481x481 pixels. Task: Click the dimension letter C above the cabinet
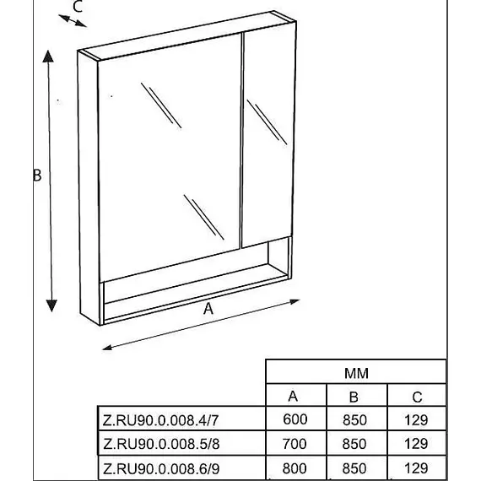click(x=78, y=7)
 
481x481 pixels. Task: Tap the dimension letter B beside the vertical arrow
click(x=37, y=176)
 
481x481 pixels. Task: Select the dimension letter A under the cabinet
click(x=208, y=309)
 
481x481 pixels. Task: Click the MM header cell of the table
click(x=356, y=373)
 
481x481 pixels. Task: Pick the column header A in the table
click(x=293, y=397)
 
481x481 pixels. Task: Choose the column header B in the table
click(x=354, y=397)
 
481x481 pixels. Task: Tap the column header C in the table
click(x=417, y=397)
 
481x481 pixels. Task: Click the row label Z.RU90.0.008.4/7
click(x=160, y=420)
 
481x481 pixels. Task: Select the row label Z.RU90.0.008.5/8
click(x=161, y=444)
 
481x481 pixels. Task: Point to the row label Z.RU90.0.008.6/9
click(x=161, y=468)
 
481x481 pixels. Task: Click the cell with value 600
click(x=295, y=419)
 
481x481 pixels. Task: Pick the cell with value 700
click(x=295, y=444)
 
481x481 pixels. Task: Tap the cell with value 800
click(x=295, y=468)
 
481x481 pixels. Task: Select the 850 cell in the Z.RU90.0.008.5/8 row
click(x=354, y=444)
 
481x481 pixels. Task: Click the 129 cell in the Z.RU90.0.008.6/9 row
click(x=416, y=468)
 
